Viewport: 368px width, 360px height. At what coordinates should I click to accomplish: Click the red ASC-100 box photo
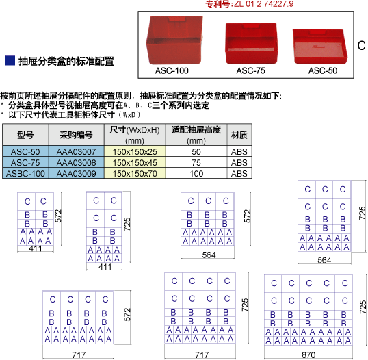click(x=174, y=40)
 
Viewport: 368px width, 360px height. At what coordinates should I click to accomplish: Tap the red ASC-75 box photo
click(x=251, y=43)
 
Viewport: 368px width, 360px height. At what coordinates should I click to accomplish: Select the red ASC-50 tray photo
click(x=320, y=47)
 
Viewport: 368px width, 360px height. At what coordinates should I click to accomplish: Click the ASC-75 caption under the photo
click(x=250, y=70)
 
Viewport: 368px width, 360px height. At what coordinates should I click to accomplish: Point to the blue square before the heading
click(x=10, y=60)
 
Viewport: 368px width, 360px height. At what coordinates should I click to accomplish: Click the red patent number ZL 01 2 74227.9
click(x=263, y=4)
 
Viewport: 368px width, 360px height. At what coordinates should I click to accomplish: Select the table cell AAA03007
click(x=77, y=151)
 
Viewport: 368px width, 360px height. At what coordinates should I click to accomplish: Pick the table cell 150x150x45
click(x=135, y=162)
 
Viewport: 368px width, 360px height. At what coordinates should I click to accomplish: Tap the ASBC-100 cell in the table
click(x=25, y=174)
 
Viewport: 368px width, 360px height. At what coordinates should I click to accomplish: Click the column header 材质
click(x=239, y=135)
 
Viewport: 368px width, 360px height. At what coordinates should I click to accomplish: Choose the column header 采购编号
click(x=77, y=135)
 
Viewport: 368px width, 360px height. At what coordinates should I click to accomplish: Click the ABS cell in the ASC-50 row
click(x=239, y=151)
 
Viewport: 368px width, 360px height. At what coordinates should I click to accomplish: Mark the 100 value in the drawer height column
click(x=196, y=174)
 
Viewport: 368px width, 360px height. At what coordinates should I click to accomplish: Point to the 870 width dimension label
click(x=308, y=355)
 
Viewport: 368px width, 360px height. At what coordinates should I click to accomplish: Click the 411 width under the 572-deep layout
click(x=36, y=248)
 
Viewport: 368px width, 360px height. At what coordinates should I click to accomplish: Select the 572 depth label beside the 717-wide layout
click(x=127, y=314)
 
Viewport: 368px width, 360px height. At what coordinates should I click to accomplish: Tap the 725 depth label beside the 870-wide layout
click(x=363, y=307)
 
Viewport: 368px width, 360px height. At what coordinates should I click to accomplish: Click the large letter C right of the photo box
click(x=361, y=45)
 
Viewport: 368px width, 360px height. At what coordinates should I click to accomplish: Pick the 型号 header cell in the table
click(x=25, y=135)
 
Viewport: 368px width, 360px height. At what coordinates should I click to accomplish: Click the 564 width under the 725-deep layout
click(x=324, y=260)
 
